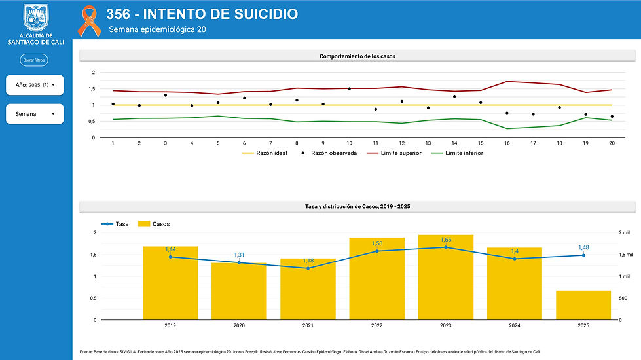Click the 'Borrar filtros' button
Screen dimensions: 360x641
point(34,60)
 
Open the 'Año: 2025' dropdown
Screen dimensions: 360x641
point(35,85)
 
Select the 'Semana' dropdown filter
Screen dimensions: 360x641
point(35,114)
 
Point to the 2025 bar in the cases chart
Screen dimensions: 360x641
point(583,305)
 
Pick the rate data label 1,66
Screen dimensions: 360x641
point(446,240)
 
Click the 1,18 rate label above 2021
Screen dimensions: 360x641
point(308,261)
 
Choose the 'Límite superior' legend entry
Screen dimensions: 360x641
point(394,153)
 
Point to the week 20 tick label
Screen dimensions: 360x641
point(612,143)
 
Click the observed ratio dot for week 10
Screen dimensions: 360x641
point(349,88)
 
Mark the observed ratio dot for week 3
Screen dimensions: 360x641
point(166,95)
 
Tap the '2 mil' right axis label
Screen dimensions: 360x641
point(627,232)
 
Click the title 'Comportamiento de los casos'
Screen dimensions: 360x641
point(357,56)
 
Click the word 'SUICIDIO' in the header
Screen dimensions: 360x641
point(257,14)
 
